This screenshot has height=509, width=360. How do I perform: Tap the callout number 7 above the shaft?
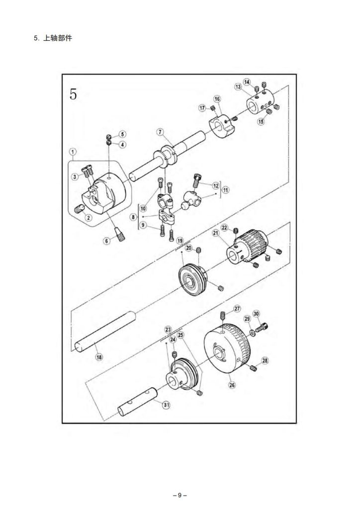coord(160,132)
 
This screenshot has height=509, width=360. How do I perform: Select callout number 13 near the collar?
coord(238,86)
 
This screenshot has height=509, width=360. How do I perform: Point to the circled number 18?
coord(99,357)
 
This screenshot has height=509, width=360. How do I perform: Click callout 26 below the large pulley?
coord(232,385)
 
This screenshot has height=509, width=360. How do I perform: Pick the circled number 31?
coord(166,405)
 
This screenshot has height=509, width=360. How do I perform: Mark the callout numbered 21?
coord(216,233)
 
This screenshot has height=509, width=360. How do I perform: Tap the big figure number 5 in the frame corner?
coord(74,94)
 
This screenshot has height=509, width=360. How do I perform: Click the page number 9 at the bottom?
coord(180,496)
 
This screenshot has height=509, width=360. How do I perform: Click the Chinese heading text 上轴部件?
coord(58,38)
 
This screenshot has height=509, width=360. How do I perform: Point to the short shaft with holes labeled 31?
coord(137,402)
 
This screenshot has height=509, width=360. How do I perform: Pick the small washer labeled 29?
coord(252,332)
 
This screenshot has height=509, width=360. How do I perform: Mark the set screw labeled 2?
coord(79,209)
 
